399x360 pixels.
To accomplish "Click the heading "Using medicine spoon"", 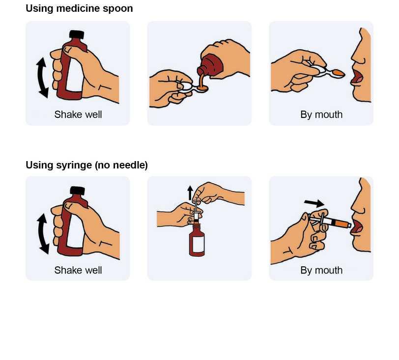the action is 79,9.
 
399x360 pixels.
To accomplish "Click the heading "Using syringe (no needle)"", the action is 87,165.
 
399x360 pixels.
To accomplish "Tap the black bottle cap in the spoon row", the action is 77,34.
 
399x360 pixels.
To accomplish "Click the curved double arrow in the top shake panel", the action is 42,78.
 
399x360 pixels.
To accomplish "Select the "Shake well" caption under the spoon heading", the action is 78,114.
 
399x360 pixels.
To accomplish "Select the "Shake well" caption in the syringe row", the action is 78,270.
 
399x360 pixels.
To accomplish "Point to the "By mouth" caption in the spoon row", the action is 321,115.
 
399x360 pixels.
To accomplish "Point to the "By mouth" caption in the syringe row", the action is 321,271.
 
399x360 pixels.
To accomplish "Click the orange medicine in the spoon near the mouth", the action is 339,73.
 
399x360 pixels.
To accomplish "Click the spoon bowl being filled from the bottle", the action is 202,88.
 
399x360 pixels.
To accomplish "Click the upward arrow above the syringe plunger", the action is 190,193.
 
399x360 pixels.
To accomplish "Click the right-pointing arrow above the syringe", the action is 314,203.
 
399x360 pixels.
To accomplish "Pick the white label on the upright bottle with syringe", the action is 199,244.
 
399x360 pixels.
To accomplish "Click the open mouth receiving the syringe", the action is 357,227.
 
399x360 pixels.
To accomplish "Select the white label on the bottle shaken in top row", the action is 75,75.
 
